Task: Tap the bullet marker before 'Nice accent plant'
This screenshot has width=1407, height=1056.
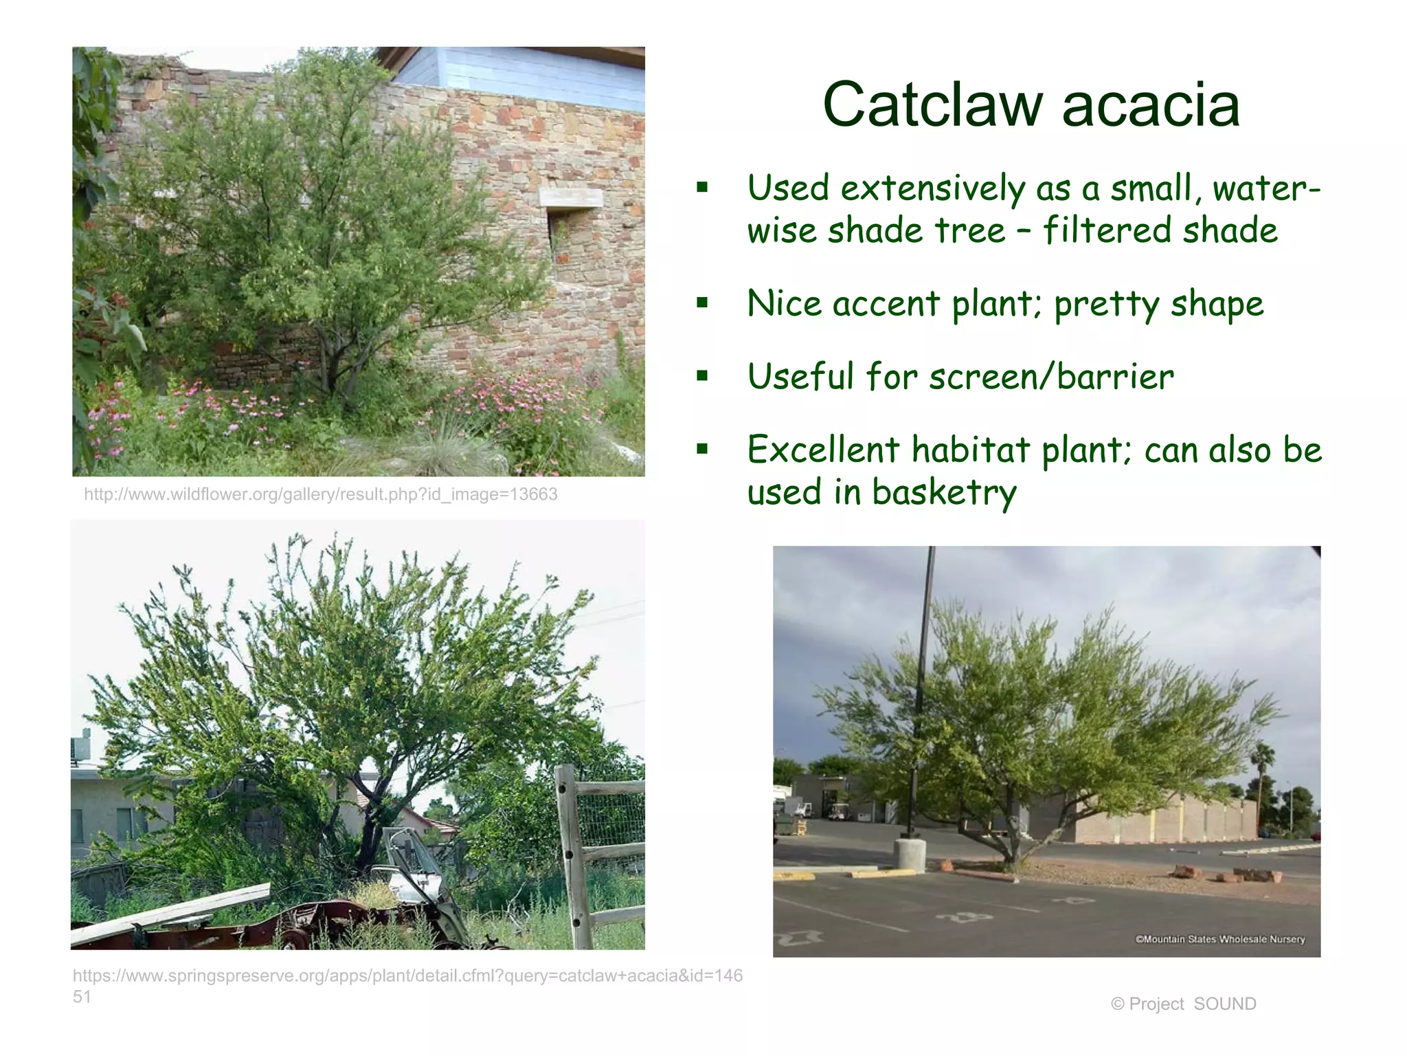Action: (701, 302)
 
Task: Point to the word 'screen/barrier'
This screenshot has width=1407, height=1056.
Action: (1051, 377)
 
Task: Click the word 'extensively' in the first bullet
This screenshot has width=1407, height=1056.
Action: (932, 188)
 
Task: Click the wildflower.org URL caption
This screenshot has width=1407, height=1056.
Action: (320, 494)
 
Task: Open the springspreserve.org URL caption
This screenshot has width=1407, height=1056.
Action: (407, 976)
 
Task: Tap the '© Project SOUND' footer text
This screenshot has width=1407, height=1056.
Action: (1183, 1004)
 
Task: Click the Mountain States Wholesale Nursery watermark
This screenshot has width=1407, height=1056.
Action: (1219, 939)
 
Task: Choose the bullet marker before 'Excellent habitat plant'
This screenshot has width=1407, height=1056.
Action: (701, 450)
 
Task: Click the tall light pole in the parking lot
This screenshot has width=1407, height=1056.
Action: (923, 687)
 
